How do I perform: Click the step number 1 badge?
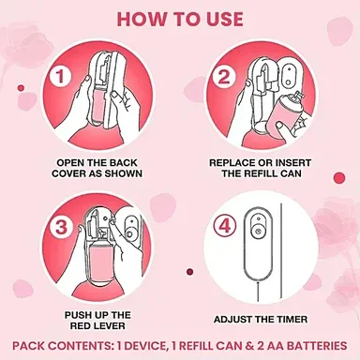coord(60,76)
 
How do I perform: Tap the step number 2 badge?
coord(223,76)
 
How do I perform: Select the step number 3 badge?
coord(61,227)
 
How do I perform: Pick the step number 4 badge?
coord(225,227)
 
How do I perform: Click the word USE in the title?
coord(224,19)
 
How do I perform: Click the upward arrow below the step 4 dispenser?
coord(258,292)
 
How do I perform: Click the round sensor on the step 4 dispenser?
coord(258,232)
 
